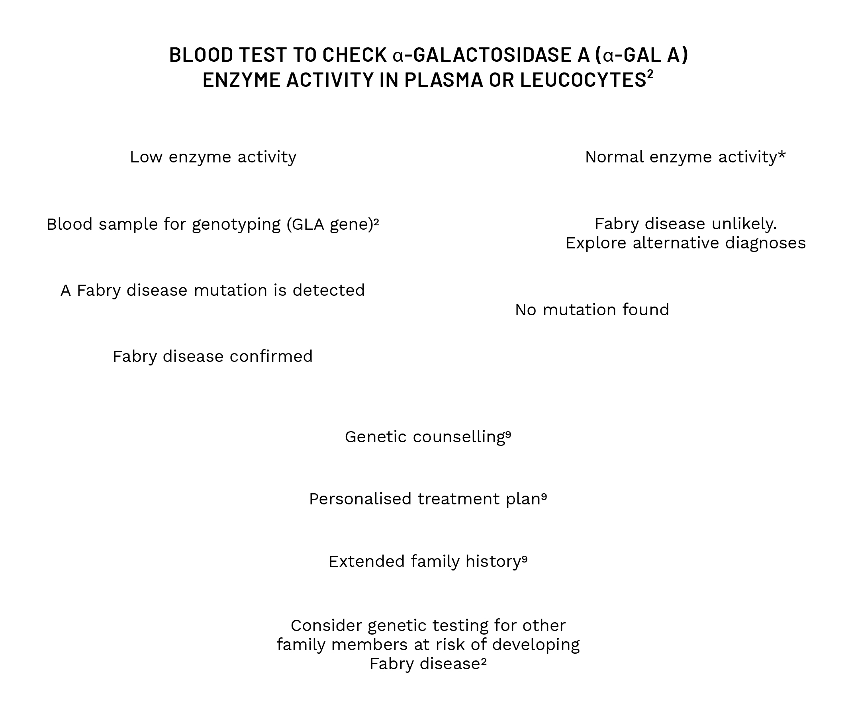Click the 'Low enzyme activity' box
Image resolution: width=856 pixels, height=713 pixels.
pyautogui.click(x=212, y=157)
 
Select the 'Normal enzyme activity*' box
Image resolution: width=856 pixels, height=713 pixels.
pyautogui.click(x=685, y=157)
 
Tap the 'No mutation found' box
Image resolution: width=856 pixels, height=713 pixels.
pyautogui.click(x=592, y=310)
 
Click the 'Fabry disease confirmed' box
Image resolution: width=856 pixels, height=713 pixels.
pyautogui.click(x=212, y=355)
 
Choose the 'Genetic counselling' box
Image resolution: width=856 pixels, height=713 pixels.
pyautogui.click(x=427, y=438)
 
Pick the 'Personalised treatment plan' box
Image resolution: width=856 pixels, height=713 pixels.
pyautogui.click(x=427, y=500)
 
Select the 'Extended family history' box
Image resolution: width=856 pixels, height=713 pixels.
pyautogui.click(x=427, y=562)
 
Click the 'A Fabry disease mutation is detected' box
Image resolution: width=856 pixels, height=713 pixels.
pyautogui.click(x=212, y=289)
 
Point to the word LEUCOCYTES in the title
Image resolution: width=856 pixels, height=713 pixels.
pyautogui.click(x=583, y=80)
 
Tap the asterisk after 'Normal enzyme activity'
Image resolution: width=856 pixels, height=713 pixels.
pyautogui.click(x=782, y=155)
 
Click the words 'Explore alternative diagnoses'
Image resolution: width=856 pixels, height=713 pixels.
pyautogui.click(x=685, y=243)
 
